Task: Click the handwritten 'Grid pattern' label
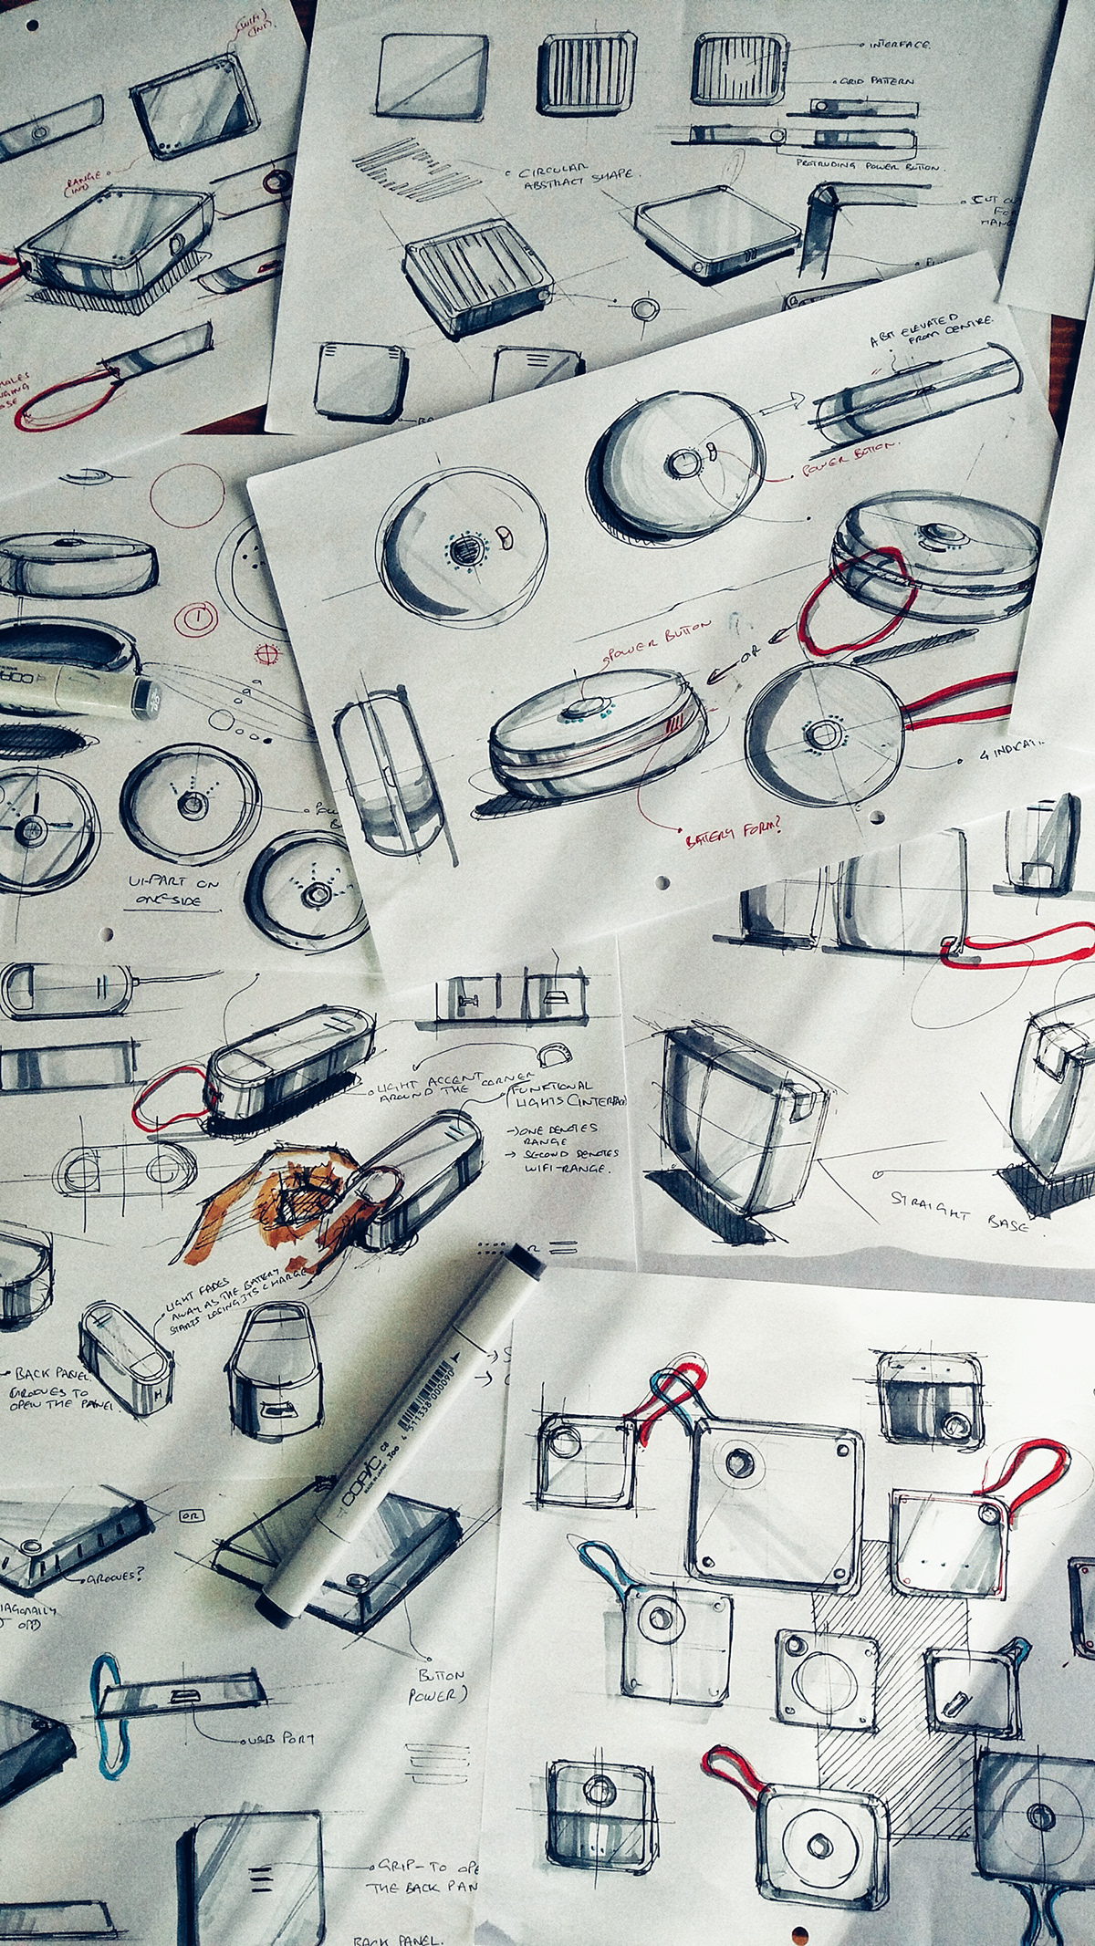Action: [x=899, y=82]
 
